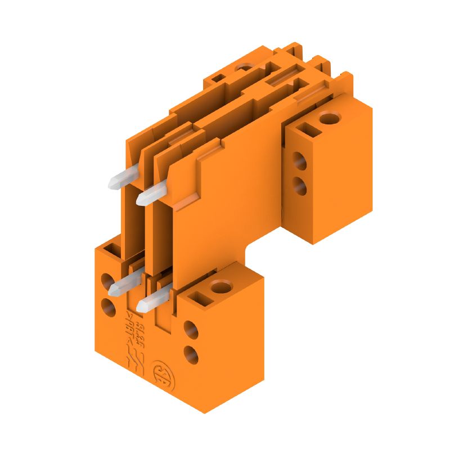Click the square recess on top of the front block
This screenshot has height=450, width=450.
click(199, 296)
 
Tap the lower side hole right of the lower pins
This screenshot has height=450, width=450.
click(191, 354)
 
